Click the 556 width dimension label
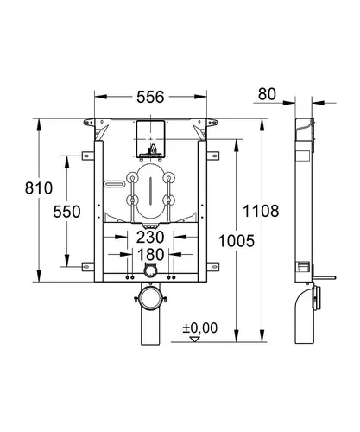[x=150, y=97]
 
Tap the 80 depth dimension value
[x=267, y=94]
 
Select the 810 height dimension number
[x=39, y=188]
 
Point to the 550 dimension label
[x=66, y=212]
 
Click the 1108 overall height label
[x=261, y=211]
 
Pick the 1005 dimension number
[x=237, y=241]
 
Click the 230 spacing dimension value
[x=150, y=237]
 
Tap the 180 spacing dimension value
[x=151, y=255]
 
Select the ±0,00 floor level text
[x=200, y=327]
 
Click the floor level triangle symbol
[x=195, y=340]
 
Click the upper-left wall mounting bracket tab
[x=88, y=156]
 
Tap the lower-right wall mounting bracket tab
[x=213, y=267]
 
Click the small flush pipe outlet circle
[x=150, y=270]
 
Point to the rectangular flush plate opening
[x=150, y=139]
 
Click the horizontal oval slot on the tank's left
[x=115, y=184]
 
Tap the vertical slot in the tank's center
[x=150, y=191]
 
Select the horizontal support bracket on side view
[x=324, y=277]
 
